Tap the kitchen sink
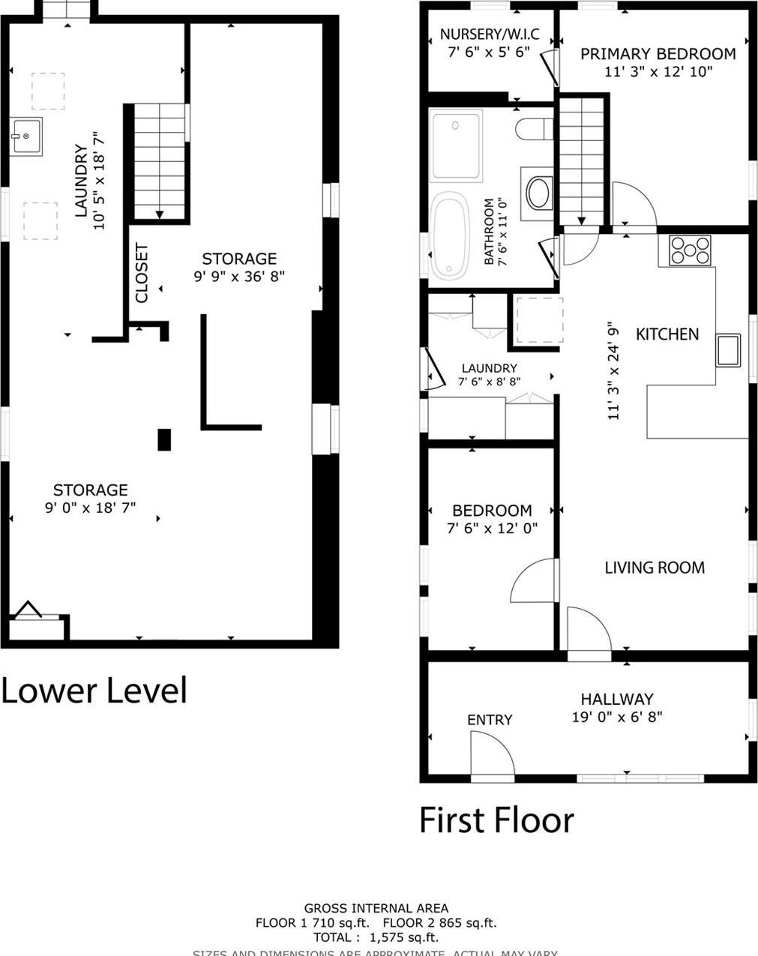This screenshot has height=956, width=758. click(x=728, y=350)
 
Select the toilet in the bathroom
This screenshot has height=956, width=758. click(x=533, y=129)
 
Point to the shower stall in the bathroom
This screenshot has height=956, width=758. click(x=456, y=145)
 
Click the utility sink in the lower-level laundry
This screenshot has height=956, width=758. click(x=26, y=136)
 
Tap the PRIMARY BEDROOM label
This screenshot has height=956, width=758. click(x=658, y=54)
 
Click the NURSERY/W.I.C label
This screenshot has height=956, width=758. click(x=489, y=34)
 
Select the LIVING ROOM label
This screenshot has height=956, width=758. click(x=655, y=568)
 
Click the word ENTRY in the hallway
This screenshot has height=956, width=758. click(x=490, y=720)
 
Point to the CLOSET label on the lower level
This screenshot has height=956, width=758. click(x=142, y=273)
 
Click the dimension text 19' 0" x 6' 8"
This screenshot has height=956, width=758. click(x=616, y=717)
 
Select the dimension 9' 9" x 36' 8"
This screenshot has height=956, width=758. click(x=239, y=277)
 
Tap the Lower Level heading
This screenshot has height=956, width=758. click(x=94, y=690)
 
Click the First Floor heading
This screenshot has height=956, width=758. click(x=496, y=820)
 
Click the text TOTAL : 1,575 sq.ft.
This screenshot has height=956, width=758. click(x=376, y=937)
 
